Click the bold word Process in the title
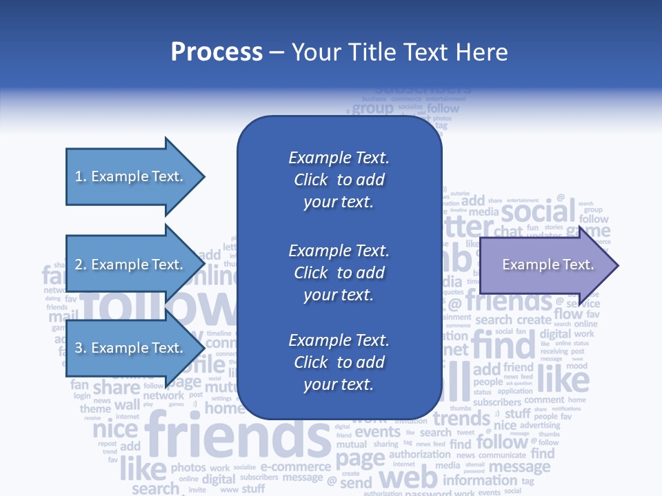[x=217, y=52]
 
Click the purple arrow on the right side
[x=545, y=265]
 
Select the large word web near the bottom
[x=409, y=477]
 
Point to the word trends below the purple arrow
[x=461, y=418]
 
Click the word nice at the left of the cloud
[x=115, y=430]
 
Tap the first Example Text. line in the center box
[x=339, y=158]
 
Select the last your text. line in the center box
[x=339, y=384]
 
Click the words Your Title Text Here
[x=399, y=52]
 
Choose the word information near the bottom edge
[x=480, y=480]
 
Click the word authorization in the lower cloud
[x=420, y=455]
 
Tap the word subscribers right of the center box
[x=496, y=402]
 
